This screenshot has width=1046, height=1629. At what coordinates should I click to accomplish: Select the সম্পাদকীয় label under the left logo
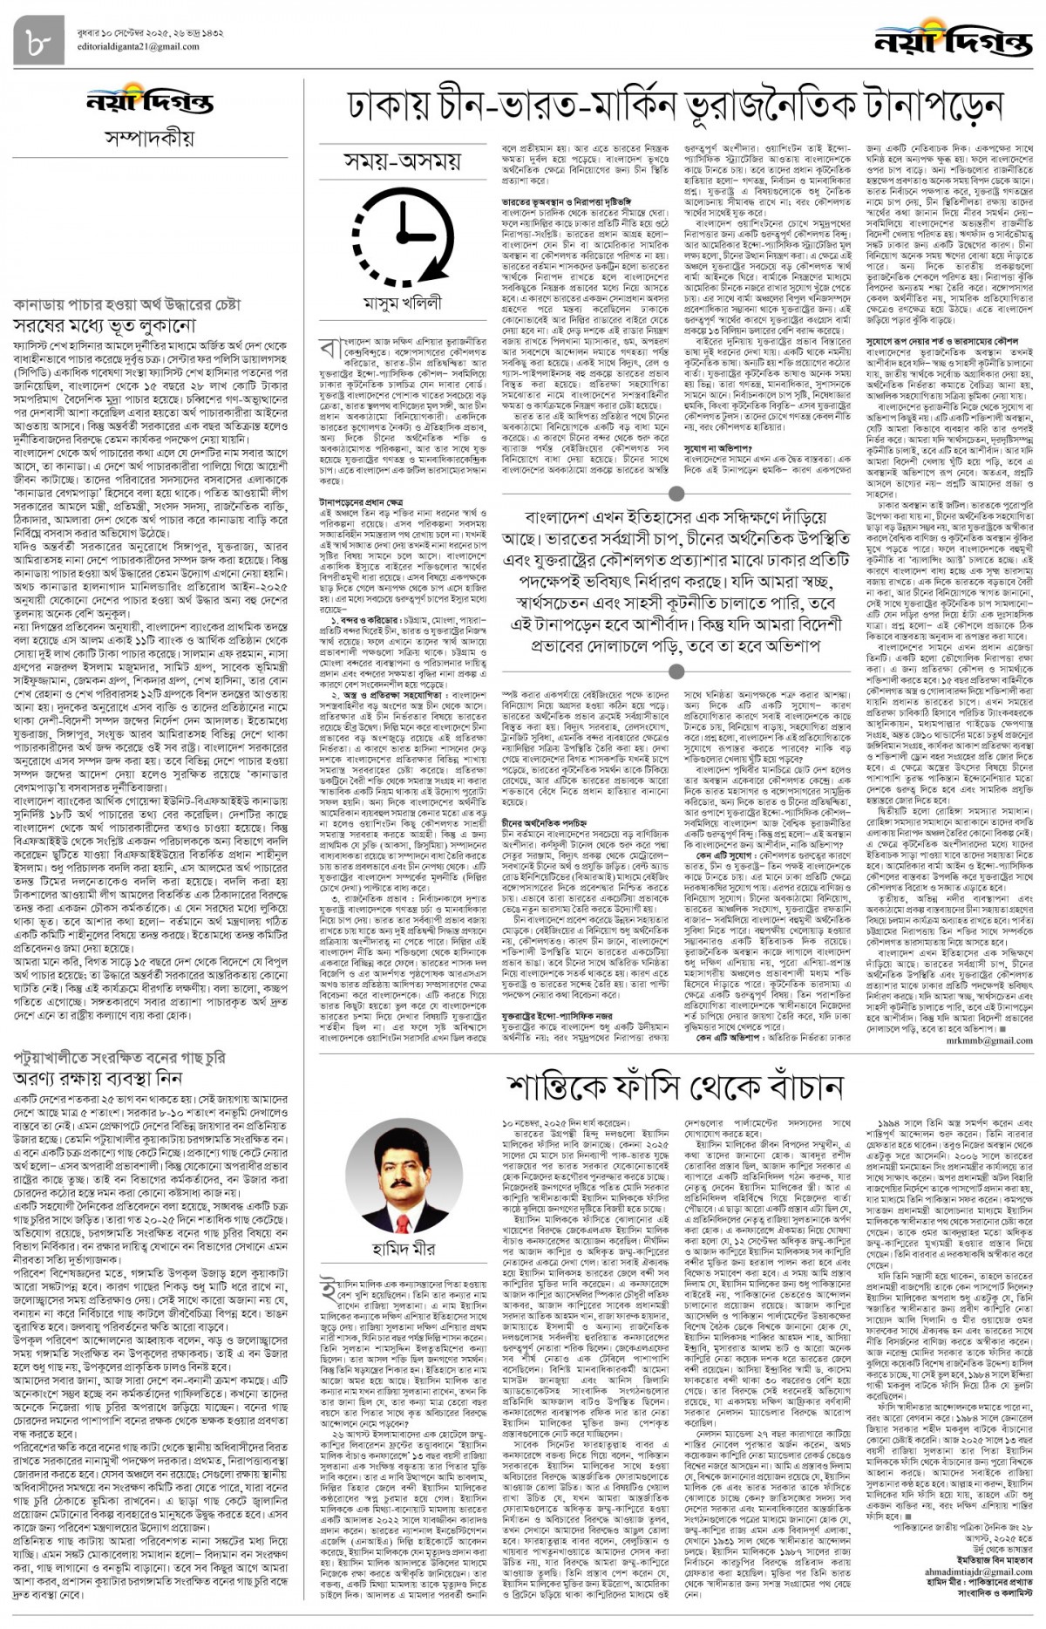[x=149, y=139]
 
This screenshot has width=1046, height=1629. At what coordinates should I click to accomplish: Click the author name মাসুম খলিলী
[x=404, y=303]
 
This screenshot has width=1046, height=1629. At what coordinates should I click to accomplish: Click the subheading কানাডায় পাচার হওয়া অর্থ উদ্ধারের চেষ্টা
[x=127, y=304]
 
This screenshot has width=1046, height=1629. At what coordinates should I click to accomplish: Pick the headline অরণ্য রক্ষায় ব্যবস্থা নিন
[x=98, y=1078]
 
